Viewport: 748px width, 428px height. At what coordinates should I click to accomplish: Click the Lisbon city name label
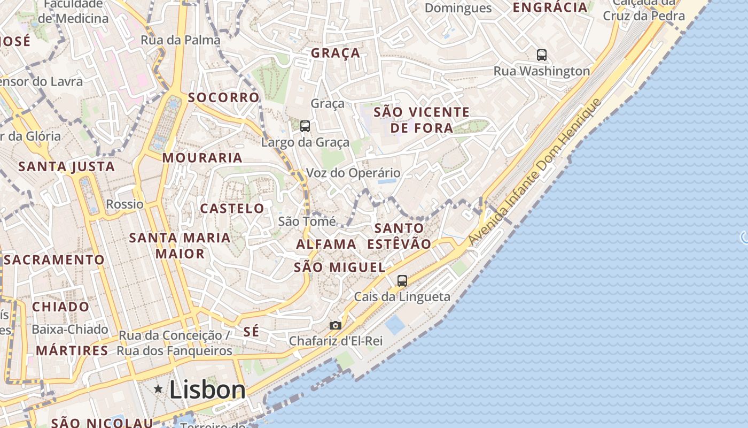pos(207,390)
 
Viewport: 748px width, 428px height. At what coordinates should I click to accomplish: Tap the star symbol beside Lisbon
pos(158,389)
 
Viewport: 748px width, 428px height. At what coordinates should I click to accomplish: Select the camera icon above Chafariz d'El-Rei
pos(335,325)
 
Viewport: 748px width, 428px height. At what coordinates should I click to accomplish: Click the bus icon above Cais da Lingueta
pos(402,280)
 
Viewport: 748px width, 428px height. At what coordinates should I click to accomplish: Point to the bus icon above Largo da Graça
pos(305,126)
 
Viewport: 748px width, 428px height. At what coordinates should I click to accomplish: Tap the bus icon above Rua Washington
pos(542,55)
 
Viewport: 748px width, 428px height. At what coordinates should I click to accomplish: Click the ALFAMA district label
pos(326,244)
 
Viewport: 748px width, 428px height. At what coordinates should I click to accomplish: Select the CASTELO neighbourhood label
pos(232,209)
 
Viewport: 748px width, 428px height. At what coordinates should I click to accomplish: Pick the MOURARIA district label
pos(202,158)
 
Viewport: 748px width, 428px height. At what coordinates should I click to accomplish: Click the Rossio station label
pos(125,204)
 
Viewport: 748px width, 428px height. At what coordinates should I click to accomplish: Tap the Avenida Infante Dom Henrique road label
pos(535,173)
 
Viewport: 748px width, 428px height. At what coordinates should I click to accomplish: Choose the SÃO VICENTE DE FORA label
pos(422,120)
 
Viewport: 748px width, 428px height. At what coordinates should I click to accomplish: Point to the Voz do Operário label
pos(353,173)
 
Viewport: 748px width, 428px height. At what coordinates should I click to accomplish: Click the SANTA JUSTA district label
pos(67,166)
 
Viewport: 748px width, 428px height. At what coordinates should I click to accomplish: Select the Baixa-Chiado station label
pos(70,330)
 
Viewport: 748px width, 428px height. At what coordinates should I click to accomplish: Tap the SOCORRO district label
pos(224,98)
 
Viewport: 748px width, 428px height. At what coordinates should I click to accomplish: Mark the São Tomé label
pos(307,221)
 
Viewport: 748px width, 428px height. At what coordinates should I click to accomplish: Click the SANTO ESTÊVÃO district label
pos(399,236)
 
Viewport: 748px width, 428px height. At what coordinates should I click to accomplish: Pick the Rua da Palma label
pos(181,40)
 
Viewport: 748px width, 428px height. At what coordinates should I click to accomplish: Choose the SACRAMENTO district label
pos(54,260)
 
